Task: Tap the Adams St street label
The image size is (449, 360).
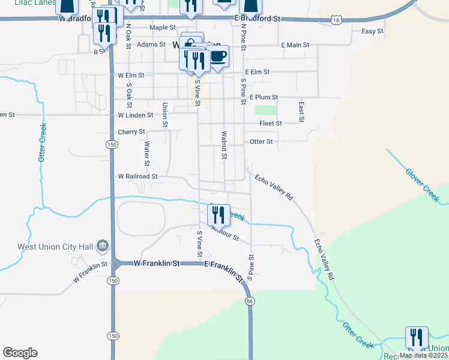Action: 151,44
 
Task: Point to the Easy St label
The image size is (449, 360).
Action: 372,31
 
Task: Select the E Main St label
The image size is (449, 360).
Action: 295,45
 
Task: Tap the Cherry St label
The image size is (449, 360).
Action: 132,131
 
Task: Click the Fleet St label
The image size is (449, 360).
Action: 270,124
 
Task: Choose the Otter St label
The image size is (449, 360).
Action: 261,142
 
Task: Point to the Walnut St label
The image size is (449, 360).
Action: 224,146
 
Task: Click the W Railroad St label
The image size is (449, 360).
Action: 137,176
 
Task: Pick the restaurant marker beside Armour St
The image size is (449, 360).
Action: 218,214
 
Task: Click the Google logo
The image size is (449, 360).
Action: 20,352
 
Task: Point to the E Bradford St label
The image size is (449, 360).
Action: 257,19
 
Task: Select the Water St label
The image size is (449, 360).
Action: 146,153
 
